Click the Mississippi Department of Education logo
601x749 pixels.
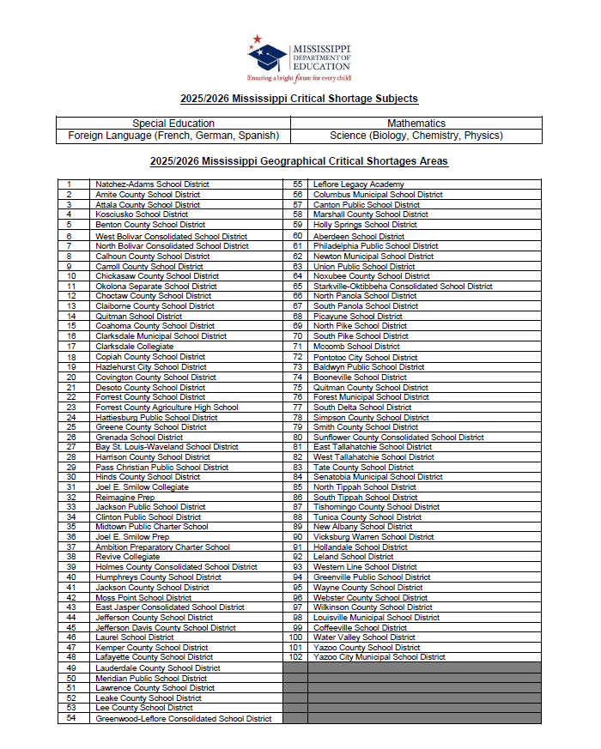[299, 57]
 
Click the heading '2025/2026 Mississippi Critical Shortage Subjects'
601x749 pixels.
[299, 100]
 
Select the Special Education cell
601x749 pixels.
[173, 124]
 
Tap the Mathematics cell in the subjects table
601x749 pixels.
[416, 124]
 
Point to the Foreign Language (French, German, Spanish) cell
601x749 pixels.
[173, 136]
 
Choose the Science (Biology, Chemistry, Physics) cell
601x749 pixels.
[416, 136]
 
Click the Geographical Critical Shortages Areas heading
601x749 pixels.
[299, 161]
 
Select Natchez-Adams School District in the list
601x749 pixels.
[152, 184]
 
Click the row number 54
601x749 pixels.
[71, 718]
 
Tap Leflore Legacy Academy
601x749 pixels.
[358, 184]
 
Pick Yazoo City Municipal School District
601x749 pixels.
[379, 657]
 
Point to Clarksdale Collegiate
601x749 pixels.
[134, 347]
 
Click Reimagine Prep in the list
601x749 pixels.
[125, 497]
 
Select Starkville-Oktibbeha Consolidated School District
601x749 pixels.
[403, 287]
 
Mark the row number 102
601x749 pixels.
[296, 657]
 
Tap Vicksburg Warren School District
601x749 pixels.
[373, 537]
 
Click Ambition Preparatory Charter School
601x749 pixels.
[162, 547]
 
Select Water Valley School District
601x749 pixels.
[364, 637]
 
